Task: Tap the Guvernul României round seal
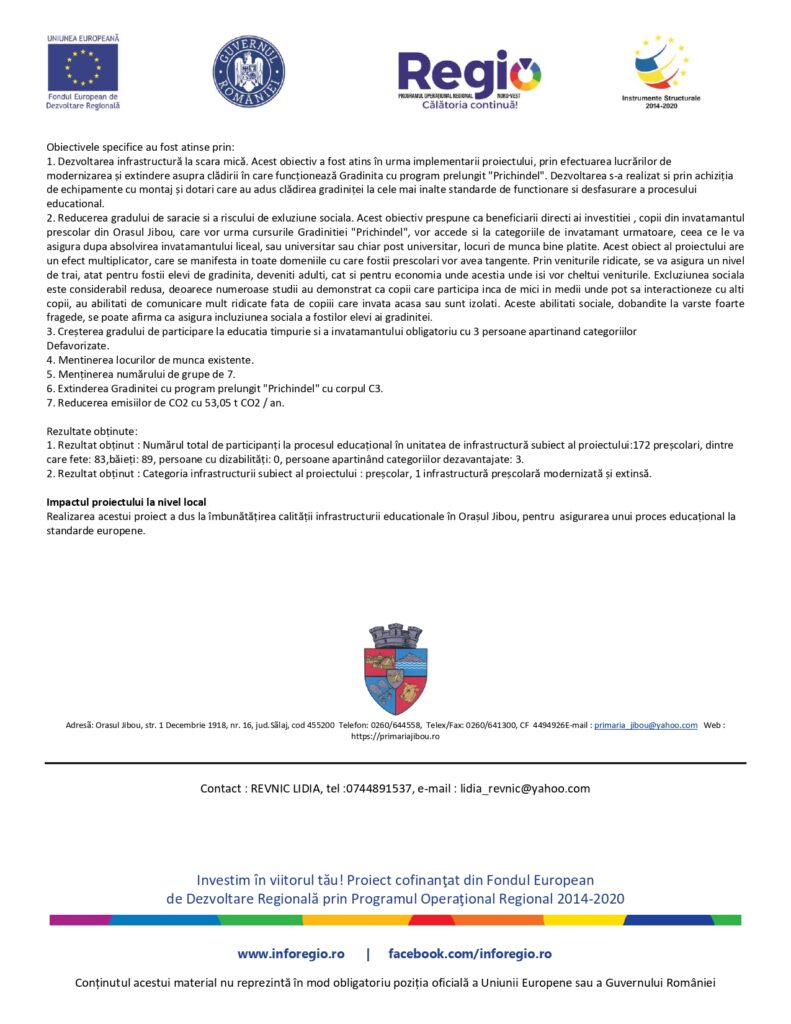click(x=248, y=72)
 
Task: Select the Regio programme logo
click(x=469, y=73)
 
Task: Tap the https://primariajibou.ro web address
click(x=395, y=737)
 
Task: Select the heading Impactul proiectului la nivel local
click(x=133, y=500)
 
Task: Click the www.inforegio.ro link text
click(x=290, y=954)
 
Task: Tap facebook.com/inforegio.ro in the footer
click(x=469, y=954)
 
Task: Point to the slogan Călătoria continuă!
click(x=469, y=104)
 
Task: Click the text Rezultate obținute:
click(x=91, y=429)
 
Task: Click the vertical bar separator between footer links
click(x=367, y=954)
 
